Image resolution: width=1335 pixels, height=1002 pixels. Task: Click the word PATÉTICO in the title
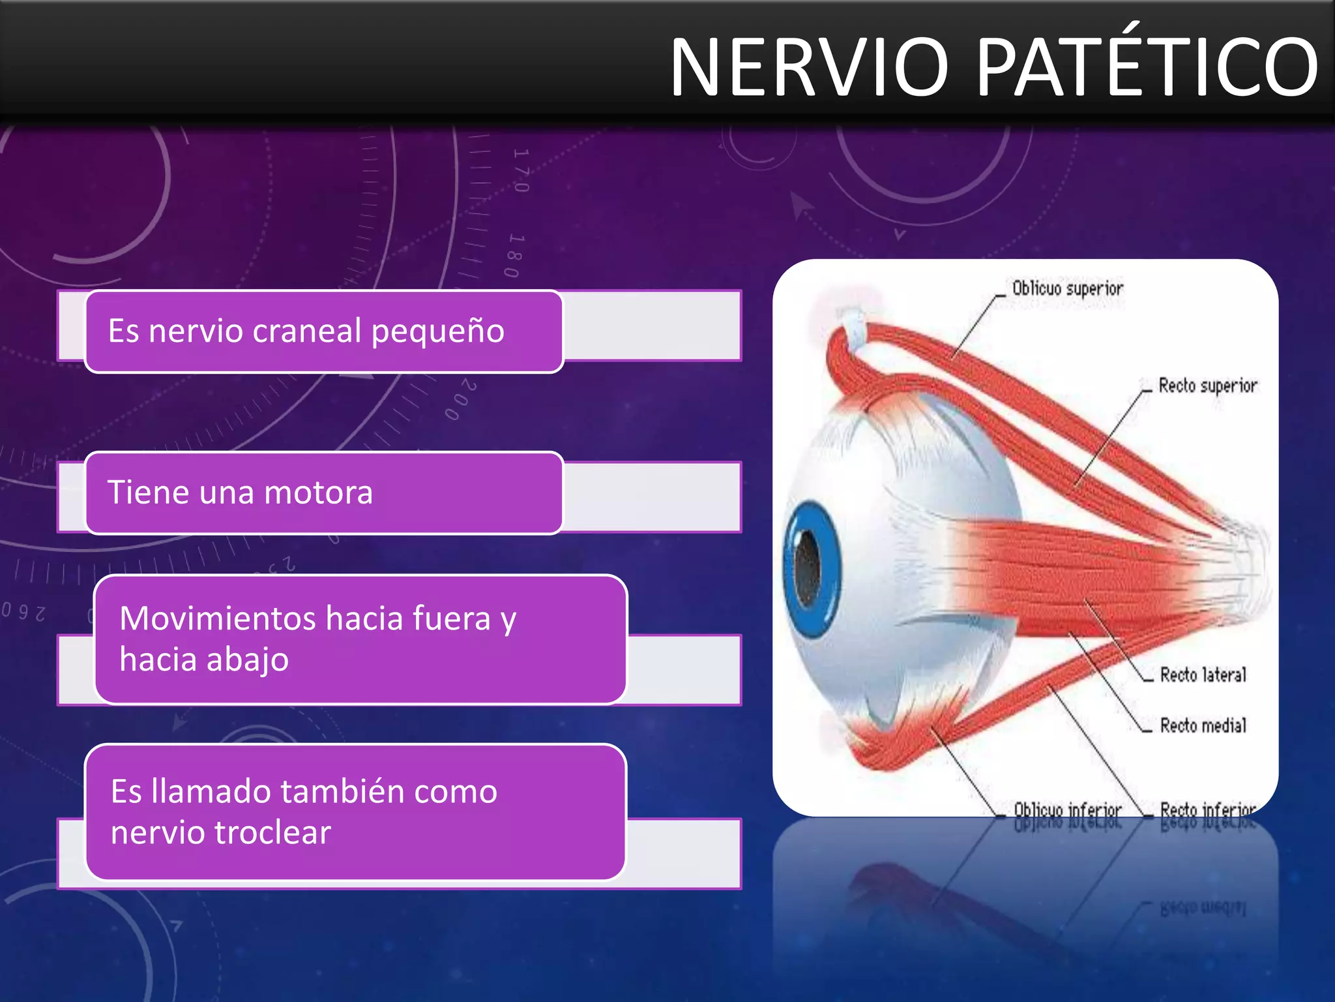[x=1147, y=67]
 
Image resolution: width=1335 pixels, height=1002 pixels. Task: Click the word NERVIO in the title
[x=810, y=68]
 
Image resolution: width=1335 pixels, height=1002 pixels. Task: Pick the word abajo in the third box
[x=248, y=660]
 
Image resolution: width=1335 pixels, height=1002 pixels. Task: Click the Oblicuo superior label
[x=1068, y=288]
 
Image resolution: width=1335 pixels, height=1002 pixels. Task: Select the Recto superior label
[x=1207, y=386]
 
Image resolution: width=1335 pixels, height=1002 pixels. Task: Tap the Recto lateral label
[x=1203, y=675]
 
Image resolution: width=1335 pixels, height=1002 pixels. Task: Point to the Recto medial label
[x=1203, y=725]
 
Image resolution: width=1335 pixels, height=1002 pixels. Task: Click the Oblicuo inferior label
[x=1067, y=810]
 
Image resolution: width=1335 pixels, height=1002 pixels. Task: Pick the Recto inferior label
[x=1207, y=810]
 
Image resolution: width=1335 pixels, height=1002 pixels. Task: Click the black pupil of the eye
[x=808, y=566]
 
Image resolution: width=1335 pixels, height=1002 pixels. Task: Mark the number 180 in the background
[x=514, y=255]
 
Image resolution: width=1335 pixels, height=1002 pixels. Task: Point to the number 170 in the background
[x=520, y=171]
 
